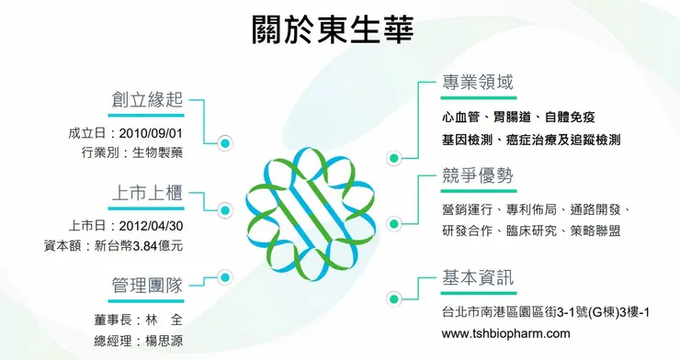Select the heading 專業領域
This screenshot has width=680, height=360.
[x=477, y=83]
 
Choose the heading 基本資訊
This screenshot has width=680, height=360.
[x=477, y=278]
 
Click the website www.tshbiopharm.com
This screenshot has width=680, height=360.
[x=506, y=332]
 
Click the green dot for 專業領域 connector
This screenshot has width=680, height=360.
[x=393, y=158]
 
